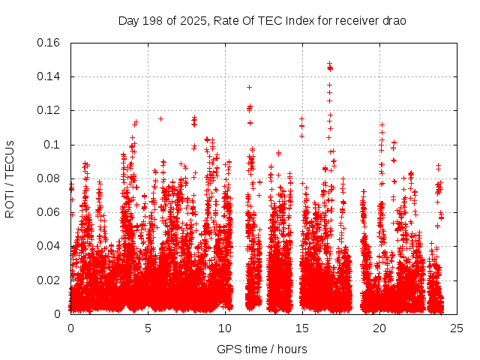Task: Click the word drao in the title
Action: (394, 21)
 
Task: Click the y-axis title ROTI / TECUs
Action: (10, 178)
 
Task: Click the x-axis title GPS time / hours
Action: (263, 349)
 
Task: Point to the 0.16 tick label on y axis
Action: (49, 43)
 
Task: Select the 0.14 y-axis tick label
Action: (49, 76)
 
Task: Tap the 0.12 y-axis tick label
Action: (49, 110)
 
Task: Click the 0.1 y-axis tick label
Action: (52, 145)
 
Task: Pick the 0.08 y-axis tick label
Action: (49, 178)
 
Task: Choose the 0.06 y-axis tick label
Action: (49, 212)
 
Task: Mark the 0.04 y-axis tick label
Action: (49, 246)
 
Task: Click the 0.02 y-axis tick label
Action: (49, 280)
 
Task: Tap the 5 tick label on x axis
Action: (148, 328)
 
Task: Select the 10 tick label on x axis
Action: (225, 328)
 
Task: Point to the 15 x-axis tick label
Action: (302, 328)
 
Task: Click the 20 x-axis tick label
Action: (379, 328)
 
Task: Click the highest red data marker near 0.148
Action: (329, 64)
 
